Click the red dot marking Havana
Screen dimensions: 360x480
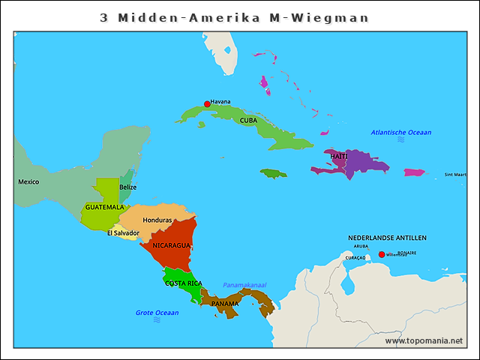[207, 104]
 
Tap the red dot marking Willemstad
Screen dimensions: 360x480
[382, 255]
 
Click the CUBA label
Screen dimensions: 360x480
[249, 120]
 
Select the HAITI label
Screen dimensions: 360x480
[339, 156]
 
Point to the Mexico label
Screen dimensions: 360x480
[28, 181]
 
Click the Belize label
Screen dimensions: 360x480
[128, 187]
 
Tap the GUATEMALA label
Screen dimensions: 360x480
[104, 207]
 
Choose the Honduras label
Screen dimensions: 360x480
[157, 220]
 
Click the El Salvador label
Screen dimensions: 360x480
[123, 233]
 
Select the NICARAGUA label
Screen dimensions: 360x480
[171, 245]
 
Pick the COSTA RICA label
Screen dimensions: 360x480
[184, 283]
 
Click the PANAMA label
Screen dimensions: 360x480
[224, 304]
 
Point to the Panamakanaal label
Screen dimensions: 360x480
[244, 285]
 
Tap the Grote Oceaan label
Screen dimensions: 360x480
[157, 312]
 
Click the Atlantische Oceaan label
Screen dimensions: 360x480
[401, 133]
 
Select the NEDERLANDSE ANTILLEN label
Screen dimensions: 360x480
[387, 238]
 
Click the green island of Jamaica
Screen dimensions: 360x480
[273, 173]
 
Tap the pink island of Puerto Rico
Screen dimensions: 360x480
[414, 172]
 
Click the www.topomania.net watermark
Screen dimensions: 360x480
[424, 341]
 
